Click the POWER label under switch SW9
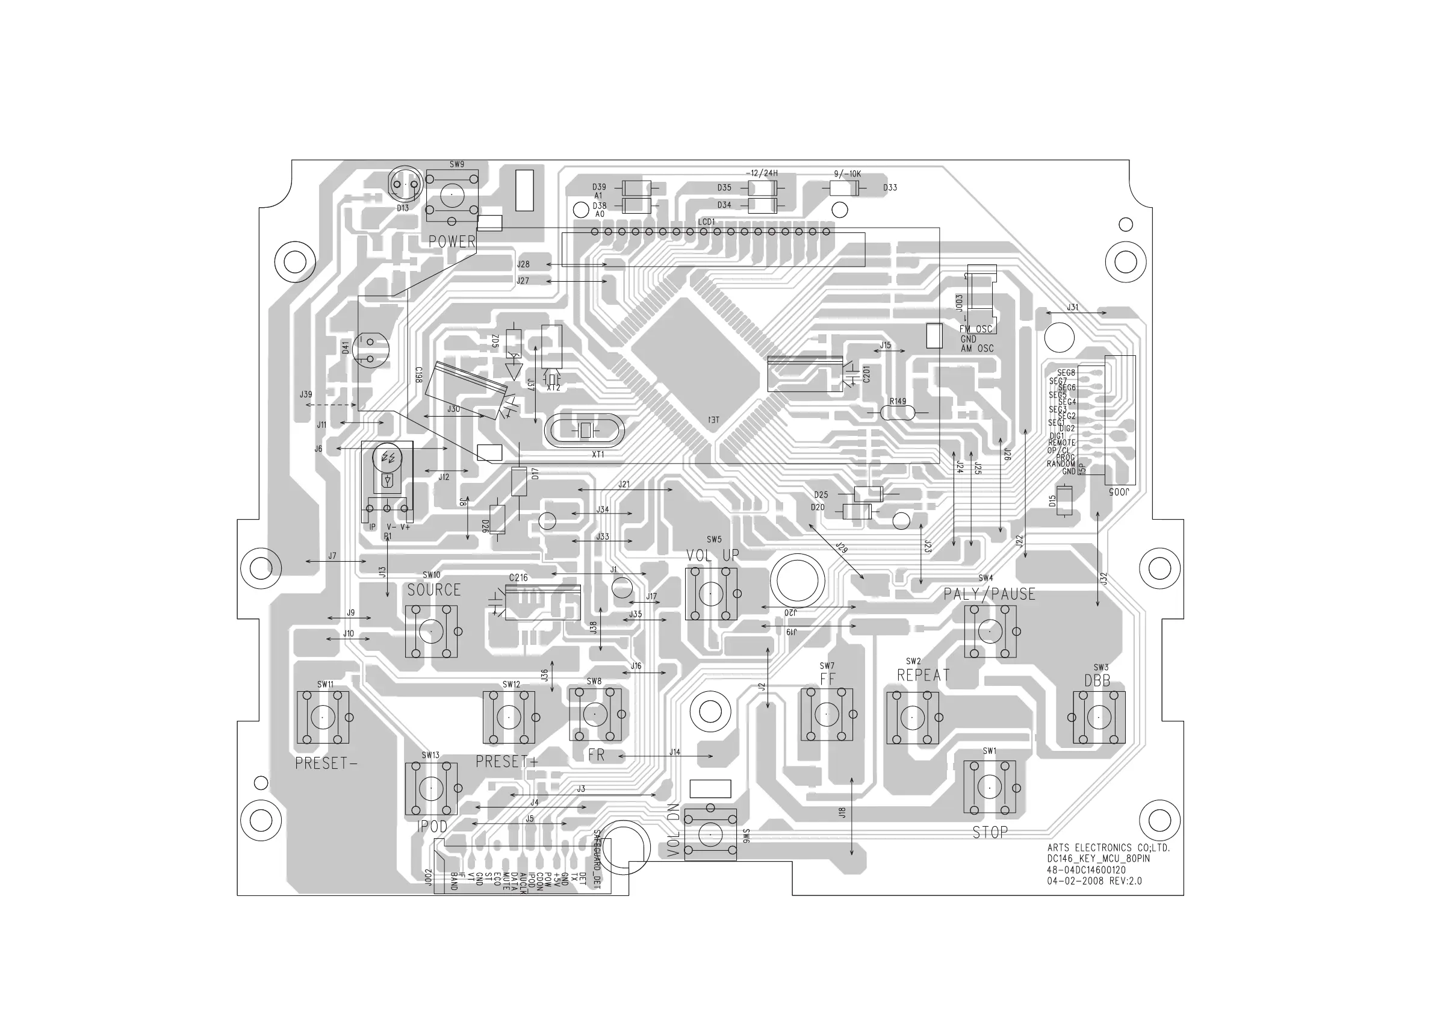click(452, 241)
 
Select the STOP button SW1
click(989, 786)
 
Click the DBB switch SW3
click(1099, 717)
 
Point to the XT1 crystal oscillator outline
click(585, 431)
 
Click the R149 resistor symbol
click(898, 413)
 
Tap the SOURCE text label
click(433, 589)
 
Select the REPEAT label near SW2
click(923, 676)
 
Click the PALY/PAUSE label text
click(989, 594)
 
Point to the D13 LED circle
click(404, 185)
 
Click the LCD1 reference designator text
click(706, 222)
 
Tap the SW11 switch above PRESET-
click(322, 717)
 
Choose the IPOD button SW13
click(431, 788)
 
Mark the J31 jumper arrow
click(1075, 313)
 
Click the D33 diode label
click(890, 187)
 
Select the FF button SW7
click(827, 714)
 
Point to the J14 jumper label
click(674, 752)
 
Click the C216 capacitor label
click(518, 578)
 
